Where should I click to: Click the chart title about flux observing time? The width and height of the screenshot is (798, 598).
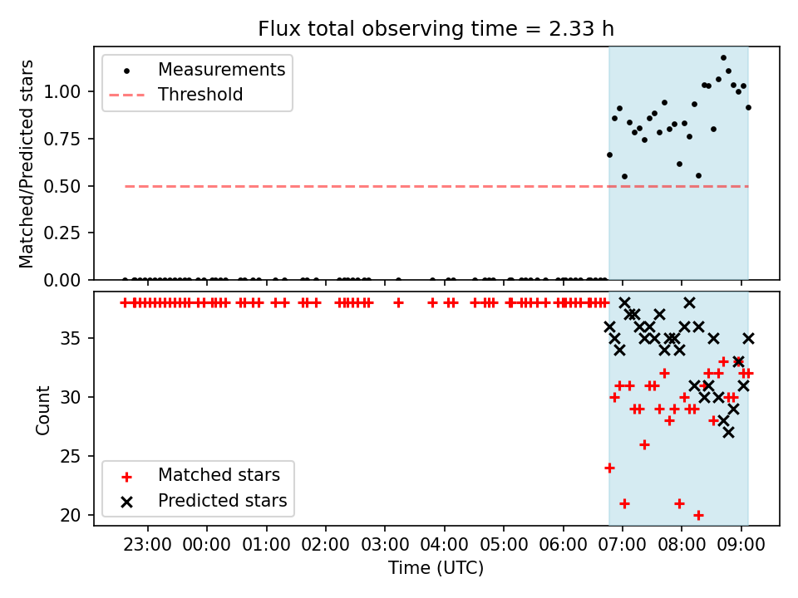(x=436, y=29)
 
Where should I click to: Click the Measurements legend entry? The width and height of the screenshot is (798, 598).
(x=221, y=70)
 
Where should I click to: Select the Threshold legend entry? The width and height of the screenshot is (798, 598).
(x=200, y=95)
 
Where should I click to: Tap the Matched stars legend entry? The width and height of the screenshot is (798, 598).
(x=219, y=476)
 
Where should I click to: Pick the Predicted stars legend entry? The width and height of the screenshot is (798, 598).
(x=222, y=501)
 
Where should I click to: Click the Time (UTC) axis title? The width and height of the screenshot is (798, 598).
(x=436, y=568)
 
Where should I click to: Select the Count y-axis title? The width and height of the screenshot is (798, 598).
(x=43, y=409)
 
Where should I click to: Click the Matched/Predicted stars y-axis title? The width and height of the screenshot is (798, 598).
(x=27, y=164)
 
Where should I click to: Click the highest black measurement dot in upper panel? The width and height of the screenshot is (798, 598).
(x=723, y=58)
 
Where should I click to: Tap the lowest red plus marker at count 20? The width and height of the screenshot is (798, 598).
(x=698, y=515)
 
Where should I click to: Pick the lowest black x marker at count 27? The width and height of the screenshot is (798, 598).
(x=728, y=433)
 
